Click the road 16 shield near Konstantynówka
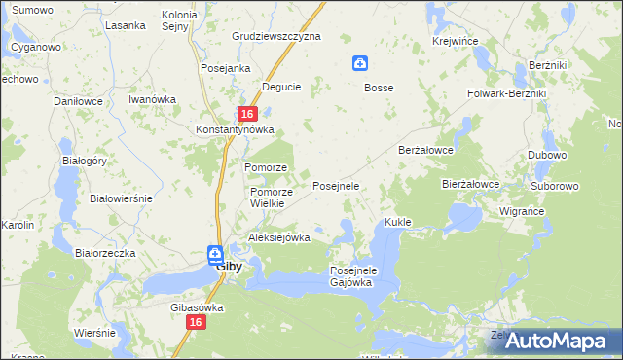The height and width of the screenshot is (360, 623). [247, 114]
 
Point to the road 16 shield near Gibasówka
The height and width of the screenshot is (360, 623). [197, 322]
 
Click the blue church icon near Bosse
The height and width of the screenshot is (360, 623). [360, 64]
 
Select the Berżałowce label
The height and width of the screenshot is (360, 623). [427, 151]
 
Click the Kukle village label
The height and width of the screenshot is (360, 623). [398, 222]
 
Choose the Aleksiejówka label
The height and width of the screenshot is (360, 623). [279, 237]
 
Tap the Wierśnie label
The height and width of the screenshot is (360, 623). [94, 332]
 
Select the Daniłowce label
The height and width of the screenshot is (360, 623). [79, 100]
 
